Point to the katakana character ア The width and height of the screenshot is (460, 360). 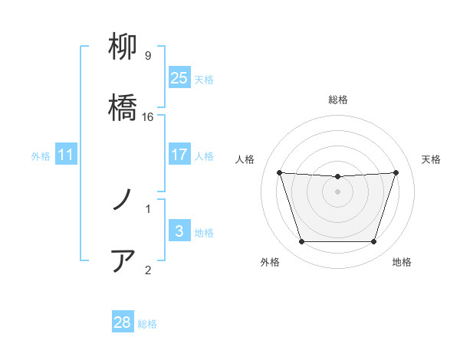click(123, 260)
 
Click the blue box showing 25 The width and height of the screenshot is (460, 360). click(179, 78)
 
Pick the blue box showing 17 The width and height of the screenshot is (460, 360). click(179, 155)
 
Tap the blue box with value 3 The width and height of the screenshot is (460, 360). click(179, 231)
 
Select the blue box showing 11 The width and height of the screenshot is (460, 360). click(66, 155)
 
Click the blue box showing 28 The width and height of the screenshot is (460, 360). click(123, 322)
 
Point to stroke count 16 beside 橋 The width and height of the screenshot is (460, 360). click(149, 116)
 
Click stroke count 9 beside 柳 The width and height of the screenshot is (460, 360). click(148, 56)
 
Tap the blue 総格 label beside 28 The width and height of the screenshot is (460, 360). click(147, 324)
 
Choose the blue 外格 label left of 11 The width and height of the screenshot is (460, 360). click(41, 156)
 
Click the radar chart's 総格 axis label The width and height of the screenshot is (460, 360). click(338, 100)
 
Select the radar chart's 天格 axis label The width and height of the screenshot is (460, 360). click(431, 159)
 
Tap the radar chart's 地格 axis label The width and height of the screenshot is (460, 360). click(402, 262)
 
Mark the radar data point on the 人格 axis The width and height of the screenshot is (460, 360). click(279, 172)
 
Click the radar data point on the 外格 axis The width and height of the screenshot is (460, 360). click(301, 242)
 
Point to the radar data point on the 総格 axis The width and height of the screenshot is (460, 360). click(337, 177)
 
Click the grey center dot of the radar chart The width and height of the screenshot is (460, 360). click(337, 191)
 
